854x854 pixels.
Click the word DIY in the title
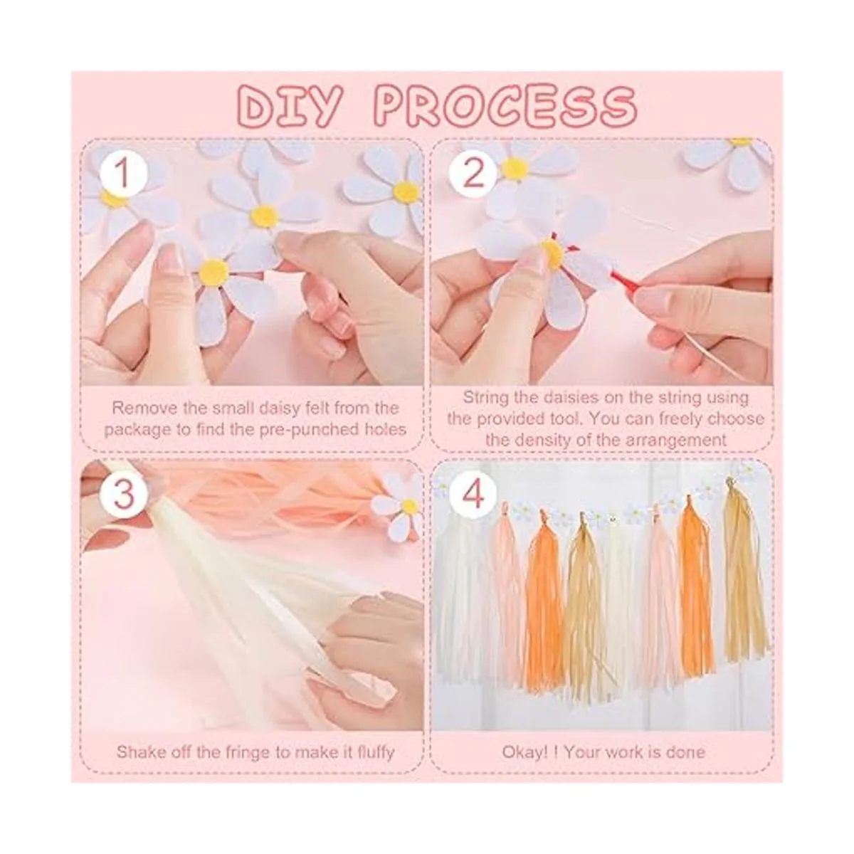point(290,107)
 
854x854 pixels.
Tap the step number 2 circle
point(473,174)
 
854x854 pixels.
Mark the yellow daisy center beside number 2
point(514,169)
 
